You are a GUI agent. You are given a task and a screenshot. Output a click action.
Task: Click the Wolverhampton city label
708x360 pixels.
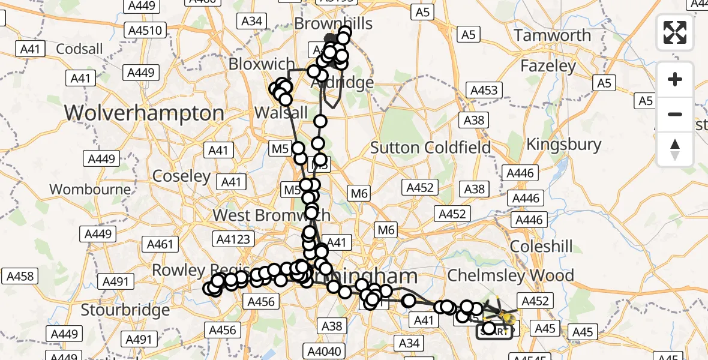pos(144,113)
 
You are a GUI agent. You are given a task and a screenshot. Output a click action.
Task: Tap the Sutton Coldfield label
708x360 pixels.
pos(430,147)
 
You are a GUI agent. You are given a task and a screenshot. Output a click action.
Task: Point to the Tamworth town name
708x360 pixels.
pos(553,35)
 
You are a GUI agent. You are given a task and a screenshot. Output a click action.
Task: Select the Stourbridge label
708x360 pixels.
pos(125,310)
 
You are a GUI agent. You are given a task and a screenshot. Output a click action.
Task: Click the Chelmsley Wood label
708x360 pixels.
pos(511,275)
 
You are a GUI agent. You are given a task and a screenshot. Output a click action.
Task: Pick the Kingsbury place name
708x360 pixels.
pos(563,144)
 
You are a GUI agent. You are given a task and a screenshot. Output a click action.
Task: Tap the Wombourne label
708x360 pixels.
pos(90,190)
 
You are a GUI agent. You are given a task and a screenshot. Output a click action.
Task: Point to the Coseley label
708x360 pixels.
pos(181,176)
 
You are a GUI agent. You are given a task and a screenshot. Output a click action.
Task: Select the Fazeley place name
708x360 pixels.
pos(548,65)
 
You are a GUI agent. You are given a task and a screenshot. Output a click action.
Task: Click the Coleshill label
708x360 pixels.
pos(541,246)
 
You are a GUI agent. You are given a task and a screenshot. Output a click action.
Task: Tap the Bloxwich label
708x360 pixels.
pos(262,64)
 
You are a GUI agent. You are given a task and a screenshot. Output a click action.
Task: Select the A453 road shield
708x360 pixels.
pos(484,90)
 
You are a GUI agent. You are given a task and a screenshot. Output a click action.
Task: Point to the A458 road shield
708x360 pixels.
pos(19,277)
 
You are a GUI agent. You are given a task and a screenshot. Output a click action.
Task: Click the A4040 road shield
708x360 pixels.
pos(325,350)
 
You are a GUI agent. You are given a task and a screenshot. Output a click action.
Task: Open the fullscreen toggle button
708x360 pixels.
pos(675,32)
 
